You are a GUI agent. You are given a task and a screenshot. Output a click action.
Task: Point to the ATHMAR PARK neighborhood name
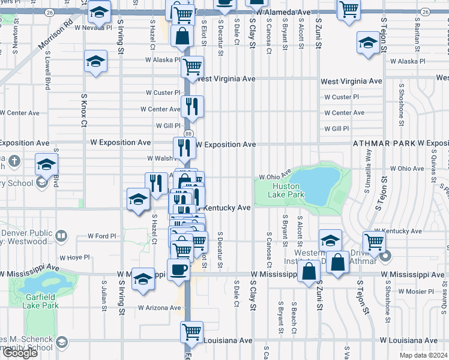(x=384, y=144)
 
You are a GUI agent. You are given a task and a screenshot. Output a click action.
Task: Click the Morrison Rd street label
(x=56, y=35)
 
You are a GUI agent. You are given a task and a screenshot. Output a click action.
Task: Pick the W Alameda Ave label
(x=283, y=12)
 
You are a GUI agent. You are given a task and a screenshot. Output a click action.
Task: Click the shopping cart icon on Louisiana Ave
(x=192, y=331)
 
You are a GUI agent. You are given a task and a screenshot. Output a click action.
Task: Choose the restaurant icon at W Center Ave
(x=192, y=106)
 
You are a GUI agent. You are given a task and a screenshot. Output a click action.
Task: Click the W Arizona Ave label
(x=159, y=308)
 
